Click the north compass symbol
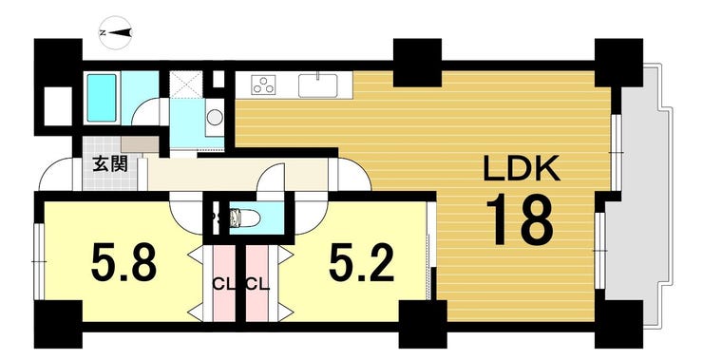coord(115,32)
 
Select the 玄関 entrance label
coord(110,164)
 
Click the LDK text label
coord(522,168)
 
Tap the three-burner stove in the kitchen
coord(263,85)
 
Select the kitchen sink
coord(318,85)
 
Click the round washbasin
coord(215,118)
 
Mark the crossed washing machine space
coord(187,84)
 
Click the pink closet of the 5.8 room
coord(223,282)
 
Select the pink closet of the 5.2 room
coord(256,282)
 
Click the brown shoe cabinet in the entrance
coord(140,144)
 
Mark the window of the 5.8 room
coord(40,261)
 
